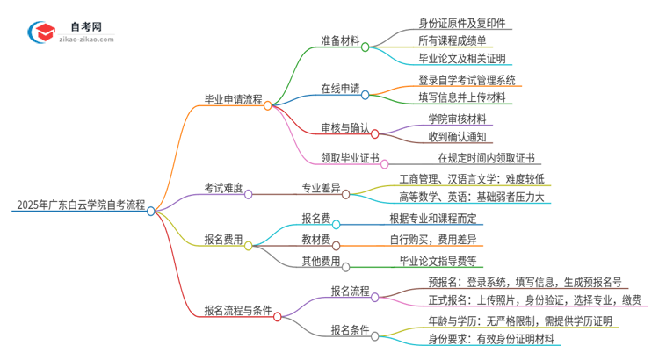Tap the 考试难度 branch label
tap(222, 187)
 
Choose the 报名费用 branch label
tap(223, 239)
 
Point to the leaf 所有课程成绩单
tap(452, 40)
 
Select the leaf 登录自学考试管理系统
tap(467, 80)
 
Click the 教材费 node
tap(317, 239)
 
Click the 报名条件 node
tap(350, 330)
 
